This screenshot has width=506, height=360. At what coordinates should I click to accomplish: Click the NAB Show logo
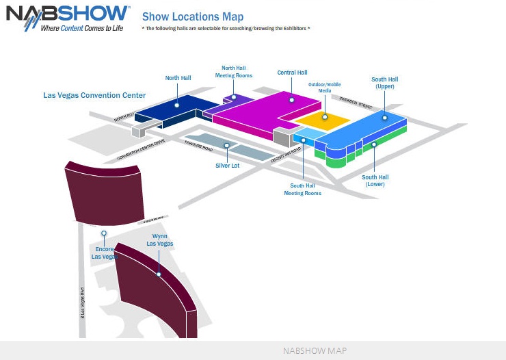pos(67,18)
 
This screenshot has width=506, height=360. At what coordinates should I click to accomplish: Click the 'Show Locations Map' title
pos(192,16)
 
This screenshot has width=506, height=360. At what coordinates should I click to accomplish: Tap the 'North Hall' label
pos(178,78)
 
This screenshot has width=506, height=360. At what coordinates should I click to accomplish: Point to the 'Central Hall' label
pos(292,73)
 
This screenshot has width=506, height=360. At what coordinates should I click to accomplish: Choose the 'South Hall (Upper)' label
pos(384,83)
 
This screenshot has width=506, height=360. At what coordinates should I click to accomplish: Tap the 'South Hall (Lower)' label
pos(375,181)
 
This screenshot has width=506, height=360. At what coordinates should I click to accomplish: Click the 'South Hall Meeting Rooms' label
pos(302,189)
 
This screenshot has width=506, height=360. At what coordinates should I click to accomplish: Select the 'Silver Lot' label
pos(228,166)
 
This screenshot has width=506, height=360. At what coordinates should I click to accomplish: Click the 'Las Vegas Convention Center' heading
pos(94,95)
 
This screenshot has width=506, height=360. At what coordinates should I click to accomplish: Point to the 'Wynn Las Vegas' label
pos(160,240)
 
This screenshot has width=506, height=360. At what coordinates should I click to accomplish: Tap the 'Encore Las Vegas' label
pos(105,253)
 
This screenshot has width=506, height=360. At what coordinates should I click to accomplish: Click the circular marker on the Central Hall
pos(292,100)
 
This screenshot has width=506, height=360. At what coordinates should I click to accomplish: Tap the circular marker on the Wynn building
pos(159,274)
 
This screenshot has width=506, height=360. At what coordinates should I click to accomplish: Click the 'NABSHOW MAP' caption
pos(315,350)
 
